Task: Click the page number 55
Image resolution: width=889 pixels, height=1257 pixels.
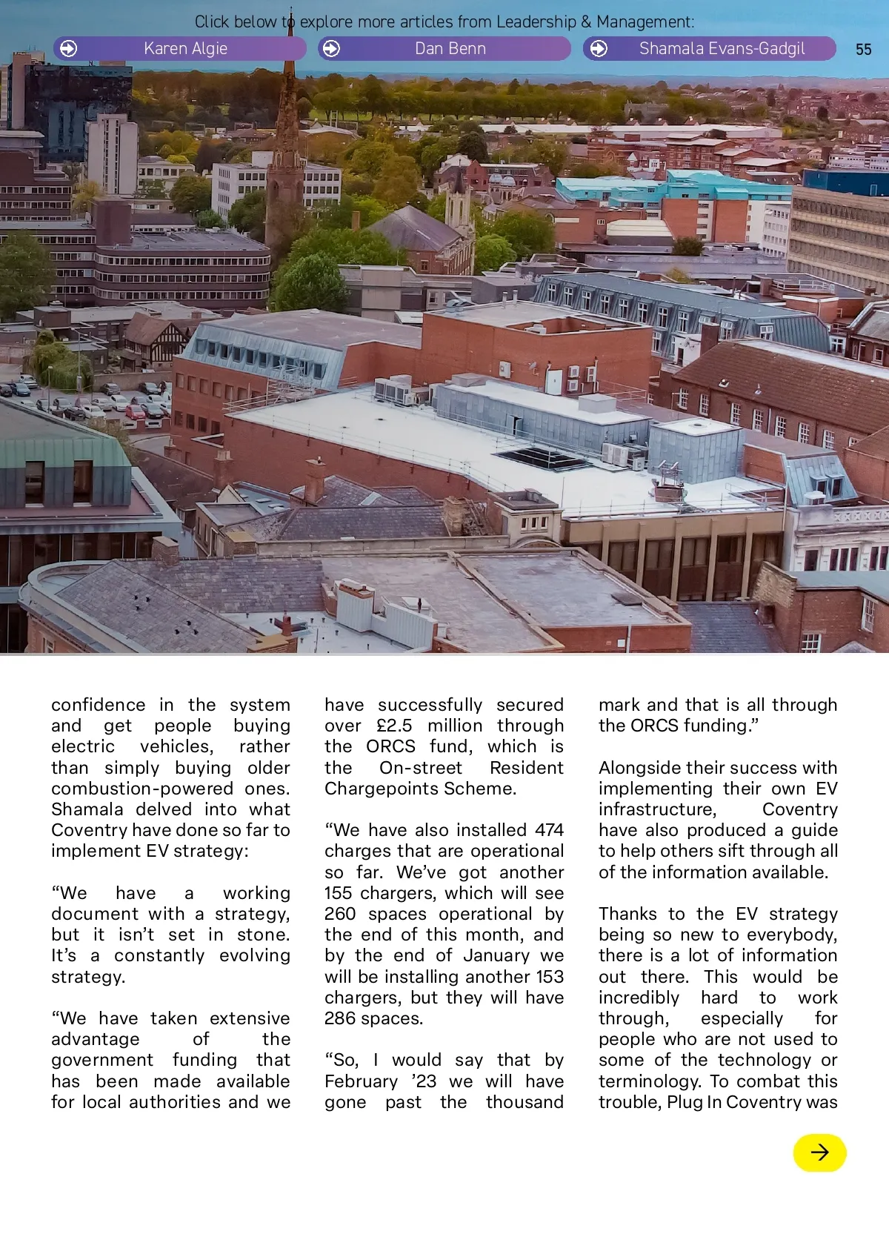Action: [x=863, y=50]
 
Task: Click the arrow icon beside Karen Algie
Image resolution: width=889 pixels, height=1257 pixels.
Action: [x=68, y=49]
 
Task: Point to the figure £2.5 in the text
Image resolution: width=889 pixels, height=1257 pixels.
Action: [x=394, y=726]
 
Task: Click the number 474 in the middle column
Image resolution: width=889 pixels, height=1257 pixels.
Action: [x=549, y=830]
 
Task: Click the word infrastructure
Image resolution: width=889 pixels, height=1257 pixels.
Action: [x=657, y=809]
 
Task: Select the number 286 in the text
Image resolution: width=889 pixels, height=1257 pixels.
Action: [x=340, y=1018]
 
